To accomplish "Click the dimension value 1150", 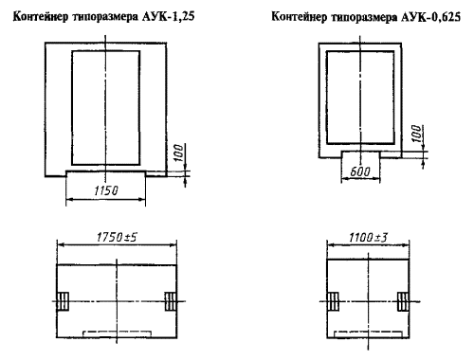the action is tap(106, 190).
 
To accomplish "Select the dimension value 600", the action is tap(360, 171).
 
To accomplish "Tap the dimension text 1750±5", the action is tap(117, 237).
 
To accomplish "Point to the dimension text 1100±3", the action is tap(368, 237).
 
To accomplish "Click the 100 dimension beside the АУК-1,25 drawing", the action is tap(178, 153).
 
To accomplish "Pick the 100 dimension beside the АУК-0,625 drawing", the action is tap(417, 134).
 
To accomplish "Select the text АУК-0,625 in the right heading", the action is tap(430, 16).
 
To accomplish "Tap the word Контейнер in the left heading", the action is tap(41, 16).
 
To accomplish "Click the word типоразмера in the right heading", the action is tap(364, 17).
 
